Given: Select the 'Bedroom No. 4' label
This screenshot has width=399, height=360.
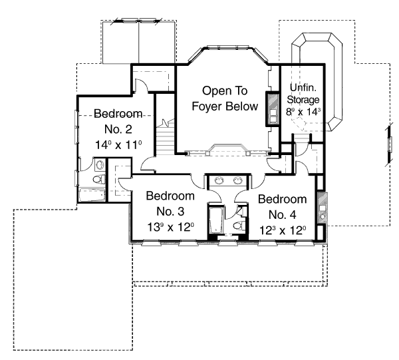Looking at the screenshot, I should pyautogui.click(x=282, y=206).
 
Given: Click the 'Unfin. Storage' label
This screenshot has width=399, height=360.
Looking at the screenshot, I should pyautogui.click(x=303, y=94).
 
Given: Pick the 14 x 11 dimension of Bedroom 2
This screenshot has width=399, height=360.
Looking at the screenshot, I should pyautogui.click(x=116, y=143).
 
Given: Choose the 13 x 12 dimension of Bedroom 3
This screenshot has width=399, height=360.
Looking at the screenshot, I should pyautogui.click(x=170, y=228).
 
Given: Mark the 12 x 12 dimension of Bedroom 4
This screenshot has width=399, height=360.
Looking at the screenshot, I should pyautogui.click(x=282, y=230).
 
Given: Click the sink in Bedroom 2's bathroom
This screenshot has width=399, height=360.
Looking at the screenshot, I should pyautogui.click(x=98, y=164).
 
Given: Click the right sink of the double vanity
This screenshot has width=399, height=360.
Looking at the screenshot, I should pyautogui.click(x=237, y=180).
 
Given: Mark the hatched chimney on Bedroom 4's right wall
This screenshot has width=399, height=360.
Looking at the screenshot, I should pyautogui.click(x=322, y=208).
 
